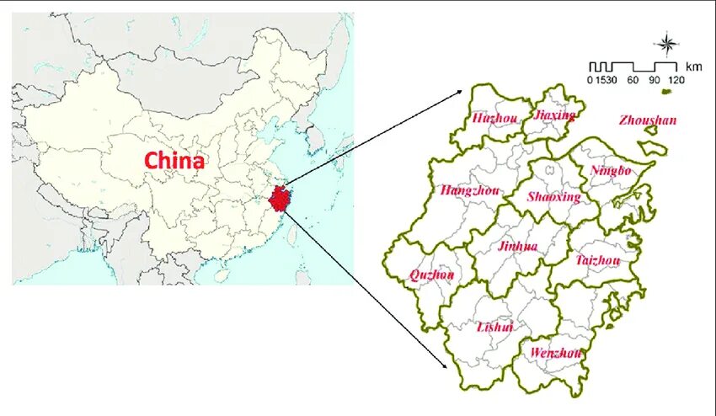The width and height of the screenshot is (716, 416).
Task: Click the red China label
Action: pos(174,160)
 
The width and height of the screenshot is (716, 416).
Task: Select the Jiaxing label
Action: pos(555,115)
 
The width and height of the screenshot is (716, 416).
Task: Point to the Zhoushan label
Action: pos(647,120)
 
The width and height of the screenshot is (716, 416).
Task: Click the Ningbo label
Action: pos(610,171)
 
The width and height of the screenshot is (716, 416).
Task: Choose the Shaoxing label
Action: pos(553,197)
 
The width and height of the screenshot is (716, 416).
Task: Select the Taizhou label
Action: pos(598,261)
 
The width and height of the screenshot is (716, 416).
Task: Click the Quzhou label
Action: pos(431,275)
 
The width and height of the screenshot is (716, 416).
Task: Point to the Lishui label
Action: pos(494,327)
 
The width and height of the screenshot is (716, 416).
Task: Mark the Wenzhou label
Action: pos(556,353)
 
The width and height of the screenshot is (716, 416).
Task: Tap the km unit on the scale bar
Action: pos(694,66)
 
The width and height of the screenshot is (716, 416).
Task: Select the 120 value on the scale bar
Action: pos(676,80)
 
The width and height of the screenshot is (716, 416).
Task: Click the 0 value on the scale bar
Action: pos(590,80)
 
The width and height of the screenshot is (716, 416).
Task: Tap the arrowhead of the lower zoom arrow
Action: pos(446,367)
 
